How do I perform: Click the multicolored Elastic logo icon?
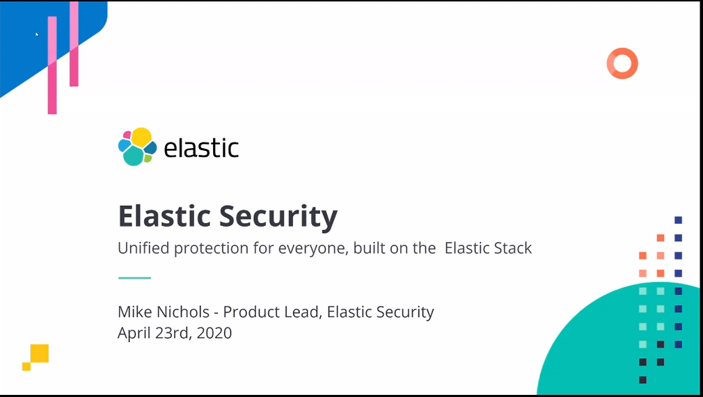tap(138, 147)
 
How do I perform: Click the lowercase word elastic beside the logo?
tap(201, 147)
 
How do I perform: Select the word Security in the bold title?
tap(278, 217)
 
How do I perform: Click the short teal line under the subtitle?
tap(134, 278)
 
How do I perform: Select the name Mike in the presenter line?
tap(134, 312)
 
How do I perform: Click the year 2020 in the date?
tap(214, 333)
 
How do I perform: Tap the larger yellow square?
tap(40, 353)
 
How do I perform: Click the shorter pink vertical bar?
tap(74, 44)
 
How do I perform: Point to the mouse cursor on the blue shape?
tap(37, 34)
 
